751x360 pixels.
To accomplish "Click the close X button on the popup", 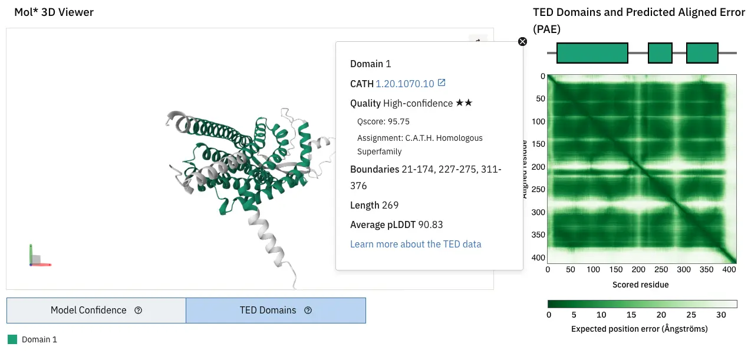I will pyautogui.click(x=522, y=41).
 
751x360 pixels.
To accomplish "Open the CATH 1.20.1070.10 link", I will pyautogui.click(x=404, y=84).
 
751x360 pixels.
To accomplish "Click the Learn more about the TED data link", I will pyautogui.click(x=416, y=244).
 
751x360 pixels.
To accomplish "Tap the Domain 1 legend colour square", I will pyautogui.click(x=12, y=339).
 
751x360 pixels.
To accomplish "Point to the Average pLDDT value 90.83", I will pyautogui.click(x=430, y=224).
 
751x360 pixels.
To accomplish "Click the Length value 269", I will pyautogui.click(x=390, y=205).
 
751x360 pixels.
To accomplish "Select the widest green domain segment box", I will pyautogui.click(x=592, y=53).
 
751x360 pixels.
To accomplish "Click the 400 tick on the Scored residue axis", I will pyautogui.click(x=730, y=270).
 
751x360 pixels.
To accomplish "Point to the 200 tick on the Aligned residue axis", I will pyautogui.click(x=537, y=167).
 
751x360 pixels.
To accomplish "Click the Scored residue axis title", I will pyautogui.click(x=641, y=285).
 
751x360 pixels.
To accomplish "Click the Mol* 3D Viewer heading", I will pyautogui.click(x=54, y=12).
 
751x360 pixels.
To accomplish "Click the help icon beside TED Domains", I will pyautogui.click(x=308, y=311).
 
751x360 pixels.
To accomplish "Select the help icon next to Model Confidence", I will pyautogui.click(x=139, y=311).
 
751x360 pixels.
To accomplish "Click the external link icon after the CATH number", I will pyautogui.click(x=441, y=83).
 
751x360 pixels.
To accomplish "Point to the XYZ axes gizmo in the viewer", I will pyautogui.click(x=37, y=257).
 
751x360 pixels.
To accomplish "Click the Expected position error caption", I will pyautogui.click(x=639, y=328).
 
